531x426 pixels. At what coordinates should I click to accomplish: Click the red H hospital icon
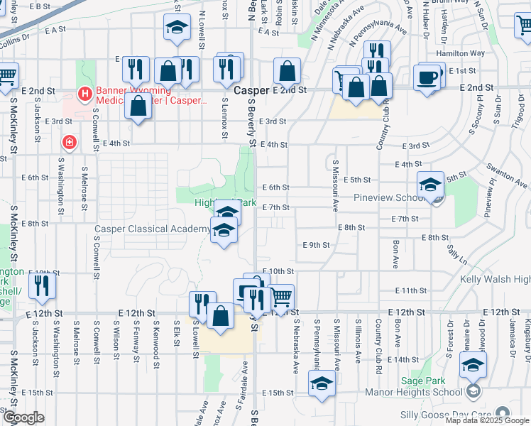85,93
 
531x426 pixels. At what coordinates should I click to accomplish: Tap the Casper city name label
249,91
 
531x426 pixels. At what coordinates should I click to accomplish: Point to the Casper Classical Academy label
153,229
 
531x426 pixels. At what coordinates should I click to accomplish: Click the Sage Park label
424,381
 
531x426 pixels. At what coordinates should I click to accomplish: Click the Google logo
23,417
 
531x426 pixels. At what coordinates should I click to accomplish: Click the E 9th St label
316,245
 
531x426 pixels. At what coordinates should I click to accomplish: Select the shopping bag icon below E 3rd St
139,106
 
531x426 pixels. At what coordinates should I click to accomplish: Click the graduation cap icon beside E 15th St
322,385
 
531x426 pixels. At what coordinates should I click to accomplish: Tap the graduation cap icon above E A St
175,28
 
